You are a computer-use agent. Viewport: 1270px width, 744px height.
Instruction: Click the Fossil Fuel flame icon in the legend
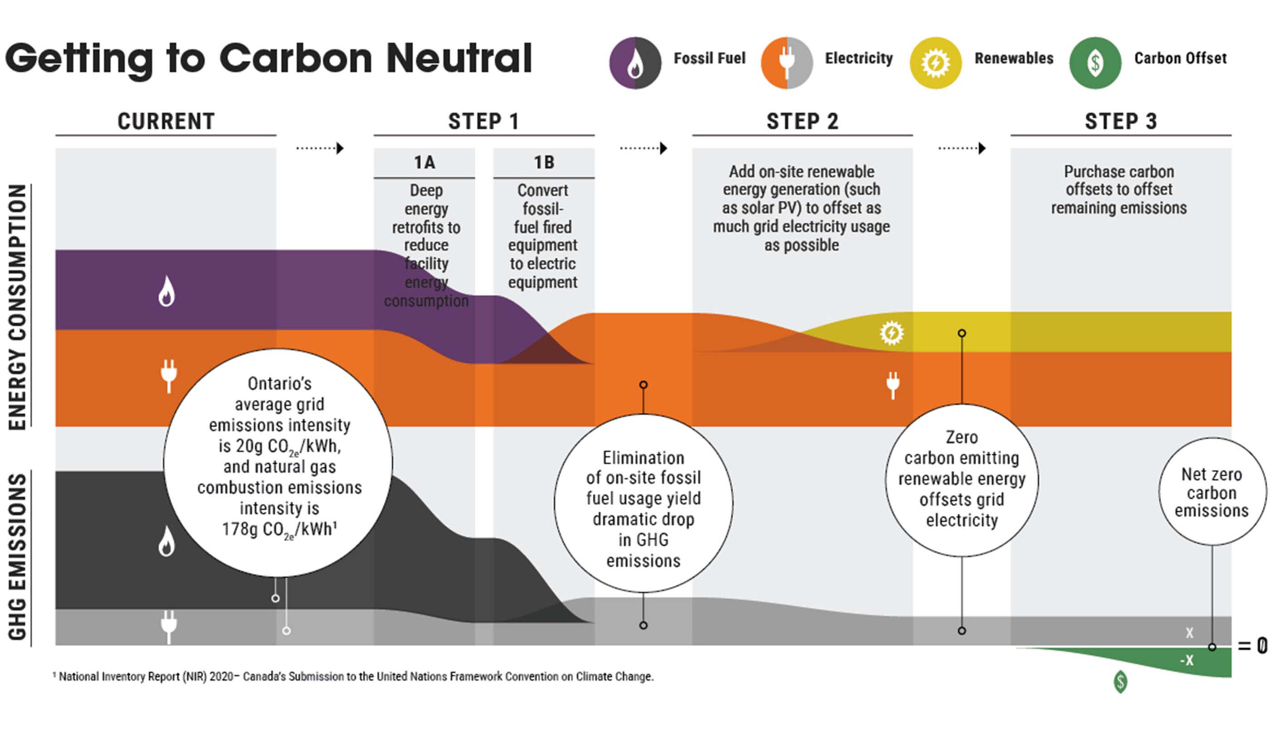[x=635, y=63]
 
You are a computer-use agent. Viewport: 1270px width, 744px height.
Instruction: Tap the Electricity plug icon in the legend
[x=786, y=63]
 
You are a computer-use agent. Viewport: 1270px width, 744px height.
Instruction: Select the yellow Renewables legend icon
[x=935, y=63]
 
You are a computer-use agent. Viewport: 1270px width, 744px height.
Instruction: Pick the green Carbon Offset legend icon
[x=1095, y=63]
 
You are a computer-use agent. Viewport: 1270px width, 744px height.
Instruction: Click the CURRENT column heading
[x=166, y=122]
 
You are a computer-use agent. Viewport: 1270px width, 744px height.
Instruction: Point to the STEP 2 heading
[x=802, y=122]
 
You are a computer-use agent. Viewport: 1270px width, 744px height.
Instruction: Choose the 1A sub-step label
[x=425, y=162]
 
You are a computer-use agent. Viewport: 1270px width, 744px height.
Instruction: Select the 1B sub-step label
[x=544, y=162]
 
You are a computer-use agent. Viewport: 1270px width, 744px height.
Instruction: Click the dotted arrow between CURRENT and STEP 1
[x=321, y=148]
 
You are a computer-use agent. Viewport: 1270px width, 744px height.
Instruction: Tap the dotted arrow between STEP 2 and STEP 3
[x=962, y=148]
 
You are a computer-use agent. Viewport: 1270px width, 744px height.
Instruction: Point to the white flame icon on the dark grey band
[x=166, y=541]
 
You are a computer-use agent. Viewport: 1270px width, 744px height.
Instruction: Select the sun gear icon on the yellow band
[x=892, y=333]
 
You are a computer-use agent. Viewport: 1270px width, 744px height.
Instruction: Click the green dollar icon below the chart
[x=1120, y=681]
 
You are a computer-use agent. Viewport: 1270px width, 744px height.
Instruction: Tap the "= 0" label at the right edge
[x=1252, y=646]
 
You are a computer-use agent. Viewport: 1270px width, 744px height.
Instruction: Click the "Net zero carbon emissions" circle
[x=1211, y=492]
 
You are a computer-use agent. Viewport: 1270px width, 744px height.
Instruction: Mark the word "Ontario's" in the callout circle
[x=280, y=384]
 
